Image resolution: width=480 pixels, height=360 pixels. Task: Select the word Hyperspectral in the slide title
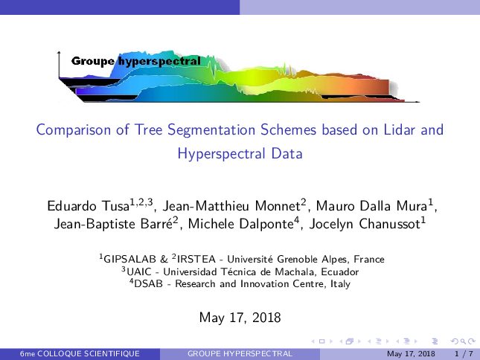pos(221,153)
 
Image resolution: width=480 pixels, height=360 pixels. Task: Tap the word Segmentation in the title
pos(211,130)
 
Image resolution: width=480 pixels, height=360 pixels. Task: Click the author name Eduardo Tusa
pos(88,205)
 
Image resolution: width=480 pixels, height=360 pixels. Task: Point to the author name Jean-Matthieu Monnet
pos(231,205)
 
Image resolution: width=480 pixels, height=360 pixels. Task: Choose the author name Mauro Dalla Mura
pos(371,205)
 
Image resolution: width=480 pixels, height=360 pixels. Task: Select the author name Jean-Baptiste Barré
pos(113,224)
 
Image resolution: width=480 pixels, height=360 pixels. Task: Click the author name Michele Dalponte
pos(241,224)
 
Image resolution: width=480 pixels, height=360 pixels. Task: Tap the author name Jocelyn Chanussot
pos(365,224)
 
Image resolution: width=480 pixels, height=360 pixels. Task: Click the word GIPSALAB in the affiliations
pos(130,259)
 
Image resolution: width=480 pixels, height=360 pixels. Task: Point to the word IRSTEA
pos(196,259)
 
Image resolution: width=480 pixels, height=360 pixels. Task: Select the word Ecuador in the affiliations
pos(340,271)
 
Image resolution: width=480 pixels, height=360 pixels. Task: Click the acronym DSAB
pos(148,283)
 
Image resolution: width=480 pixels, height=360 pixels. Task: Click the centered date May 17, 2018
pos(240,318)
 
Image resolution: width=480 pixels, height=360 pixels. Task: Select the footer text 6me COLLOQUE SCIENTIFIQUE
pos(80,354)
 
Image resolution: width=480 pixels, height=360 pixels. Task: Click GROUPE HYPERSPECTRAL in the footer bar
pos(240,354)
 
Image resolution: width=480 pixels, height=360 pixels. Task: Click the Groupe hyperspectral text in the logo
pos(136,61)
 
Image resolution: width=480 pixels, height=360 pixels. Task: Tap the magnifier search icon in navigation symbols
pos(464,341)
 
